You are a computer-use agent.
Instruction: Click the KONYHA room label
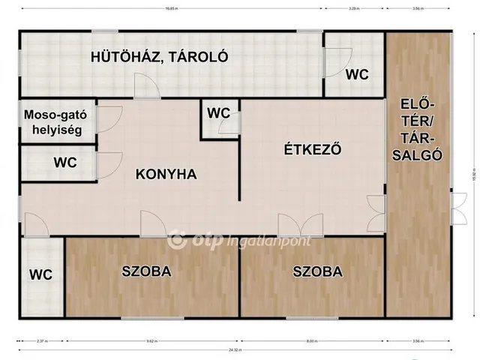[166, 174]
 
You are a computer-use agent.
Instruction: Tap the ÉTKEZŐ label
[313, 148]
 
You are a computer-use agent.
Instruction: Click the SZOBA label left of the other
[147, 271]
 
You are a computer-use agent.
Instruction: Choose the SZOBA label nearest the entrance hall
[318, 271]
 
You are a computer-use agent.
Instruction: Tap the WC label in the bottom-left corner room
[41, 274]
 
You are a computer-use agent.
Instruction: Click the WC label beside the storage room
[356, 74]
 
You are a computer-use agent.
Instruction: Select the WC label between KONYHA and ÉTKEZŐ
[218, 112]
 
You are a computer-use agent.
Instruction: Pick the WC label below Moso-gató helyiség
[64, 161]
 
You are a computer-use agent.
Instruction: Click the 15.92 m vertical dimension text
[473, 174]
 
